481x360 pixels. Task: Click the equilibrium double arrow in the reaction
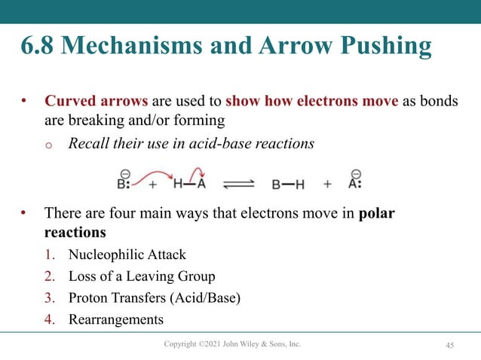tap(240, 184)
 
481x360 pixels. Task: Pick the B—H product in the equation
tap(288, 184)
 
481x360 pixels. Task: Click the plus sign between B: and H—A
tap(153, 184)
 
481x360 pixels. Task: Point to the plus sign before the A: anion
tap(327, 184)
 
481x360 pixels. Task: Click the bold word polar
tap(377, 213)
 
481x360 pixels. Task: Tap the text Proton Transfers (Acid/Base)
tap(155, 297)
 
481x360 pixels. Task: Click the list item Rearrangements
tap(115, 319)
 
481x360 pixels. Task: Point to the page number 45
tap(449, 345)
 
